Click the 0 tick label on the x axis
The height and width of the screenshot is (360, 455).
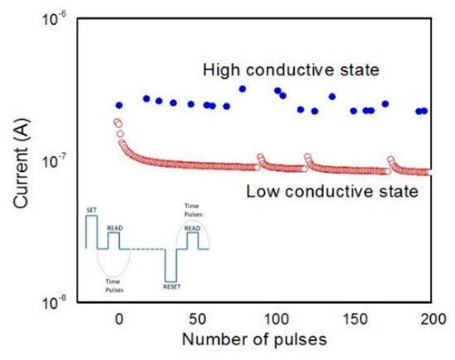(119, 319)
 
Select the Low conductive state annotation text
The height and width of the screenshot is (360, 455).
(331, 193)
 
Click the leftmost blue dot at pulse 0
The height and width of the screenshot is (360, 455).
(119, 105)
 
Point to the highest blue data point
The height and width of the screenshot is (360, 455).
(242, 89)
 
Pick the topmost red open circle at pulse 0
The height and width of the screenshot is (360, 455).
(117, 122)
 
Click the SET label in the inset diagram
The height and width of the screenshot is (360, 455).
(91, 211)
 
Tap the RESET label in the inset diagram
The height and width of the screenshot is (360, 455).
(171, 286)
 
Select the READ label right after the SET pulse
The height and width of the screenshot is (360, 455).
(114, 228)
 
